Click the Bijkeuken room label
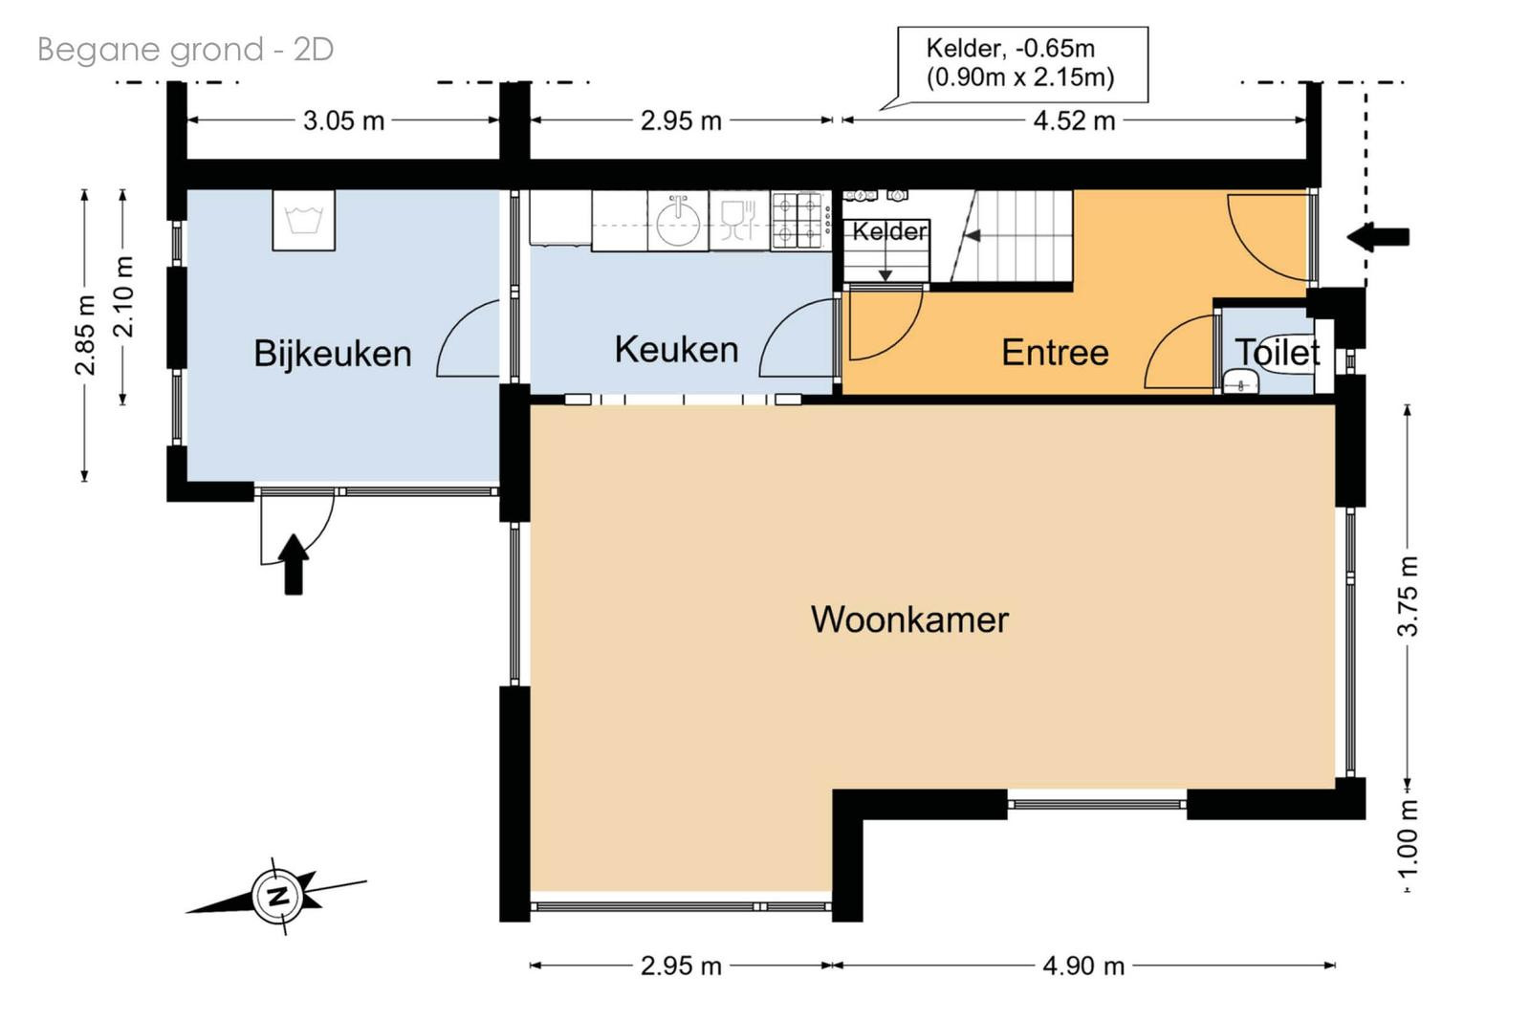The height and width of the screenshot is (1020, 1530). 333,354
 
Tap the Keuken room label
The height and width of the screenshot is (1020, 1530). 676,350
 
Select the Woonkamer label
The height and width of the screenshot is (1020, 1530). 909,619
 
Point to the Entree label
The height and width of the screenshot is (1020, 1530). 1055,353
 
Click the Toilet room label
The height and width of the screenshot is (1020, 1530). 1277,353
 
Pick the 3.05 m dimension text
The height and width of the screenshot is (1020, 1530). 343,120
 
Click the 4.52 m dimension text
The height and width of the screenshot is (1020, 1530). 1074,120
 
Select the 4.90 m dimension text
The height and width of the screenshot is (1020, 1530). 1083,966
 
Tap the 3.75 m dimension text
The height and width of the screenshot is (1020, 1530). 1408,596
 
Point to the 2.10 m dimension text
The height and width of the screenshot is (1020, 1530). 123,297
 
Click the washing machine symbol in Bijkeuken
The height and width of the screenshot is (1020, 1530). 304,221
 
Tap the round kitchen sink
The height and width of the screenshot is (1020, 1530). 678,221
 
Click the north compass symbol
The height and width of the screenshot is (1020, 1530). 276,896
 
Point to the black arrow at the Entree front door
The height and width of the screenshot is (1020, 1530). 1378,237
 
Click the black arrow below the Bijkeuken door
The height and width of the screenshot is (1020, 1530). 294,565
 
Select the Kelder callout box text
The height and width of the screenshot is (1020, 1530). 1020,63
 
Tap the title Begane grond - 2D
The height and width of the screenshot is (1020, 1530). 186,50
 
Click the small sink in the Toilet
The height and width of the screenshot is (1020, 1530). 1240,382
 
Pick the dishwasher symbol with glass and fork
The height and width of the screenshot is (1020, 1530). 738,221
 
